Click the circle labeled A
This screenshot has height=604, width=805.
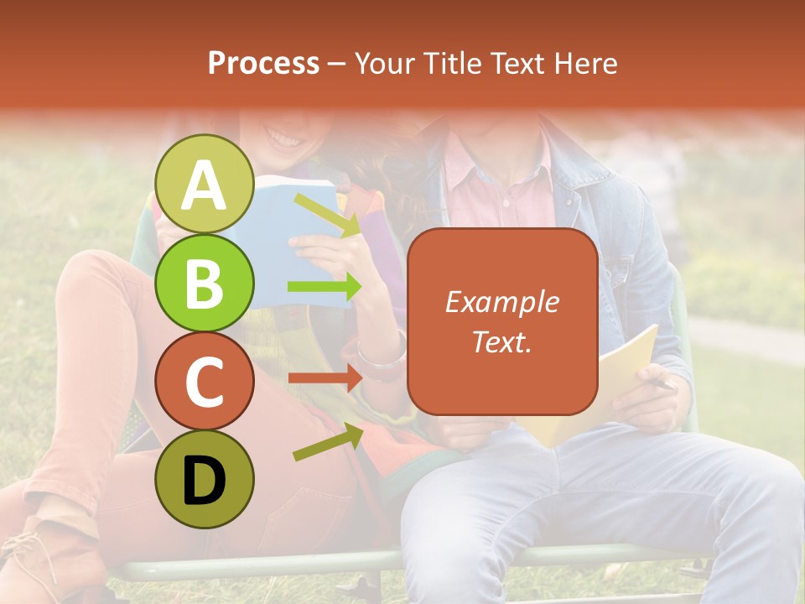[205, 185]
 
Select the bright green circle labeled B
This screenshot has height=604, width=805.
[205, 283]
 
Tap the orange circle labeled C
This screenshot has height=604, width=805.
[205, 382]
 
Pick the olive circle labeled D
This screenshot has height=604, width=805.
[205, 479]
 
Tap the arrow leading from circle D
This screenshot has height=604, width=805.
[327, 442]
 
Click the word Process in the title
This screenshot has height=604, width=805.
[263, 63]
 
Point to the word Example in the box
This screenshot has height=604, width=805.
[501, 302]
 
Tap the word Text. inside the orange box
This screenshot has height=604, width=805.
[501, 341]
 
